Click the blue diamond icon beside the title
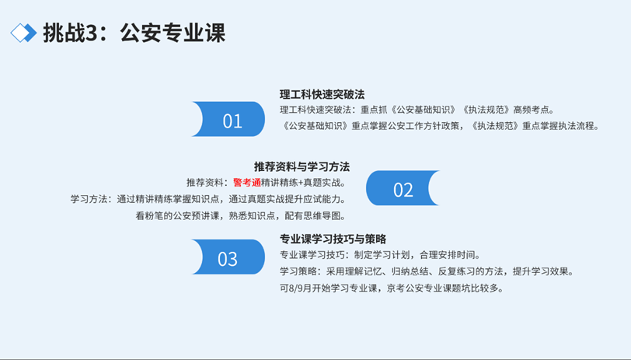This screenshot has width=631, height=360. pyautogui.click(x=23, y=33)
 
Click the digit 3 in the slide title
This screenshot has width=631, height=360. pyautogui.click(x=92, y=33)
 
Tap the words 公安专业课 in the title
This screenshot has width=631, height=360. pyautogui.click(x=173, y=33)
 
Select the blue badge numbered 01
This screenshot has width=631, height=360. pyautogui.click(x=228, y=119)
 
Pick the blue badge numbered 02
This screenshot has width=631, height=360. pyautogui.click(x=403, y=188)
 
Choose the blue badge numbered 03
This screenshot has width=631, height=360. pyautogui.click(x=228, y=257)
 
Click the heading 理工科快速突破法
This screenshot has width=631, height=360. pyautogui.click(x=322, y=95)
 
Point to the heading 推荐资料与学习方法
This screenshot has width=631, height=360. pyautogui.click(x=302, y=166)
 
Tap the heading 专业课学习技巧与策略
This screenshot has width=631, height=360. pyautogui.click(x=333, y=239)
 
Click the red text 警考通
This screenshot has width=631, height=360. pyautogui.click(x=247, y=183)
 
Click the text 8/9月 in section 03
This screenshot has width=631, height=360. pyautogui.click(x=300, y=288)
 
